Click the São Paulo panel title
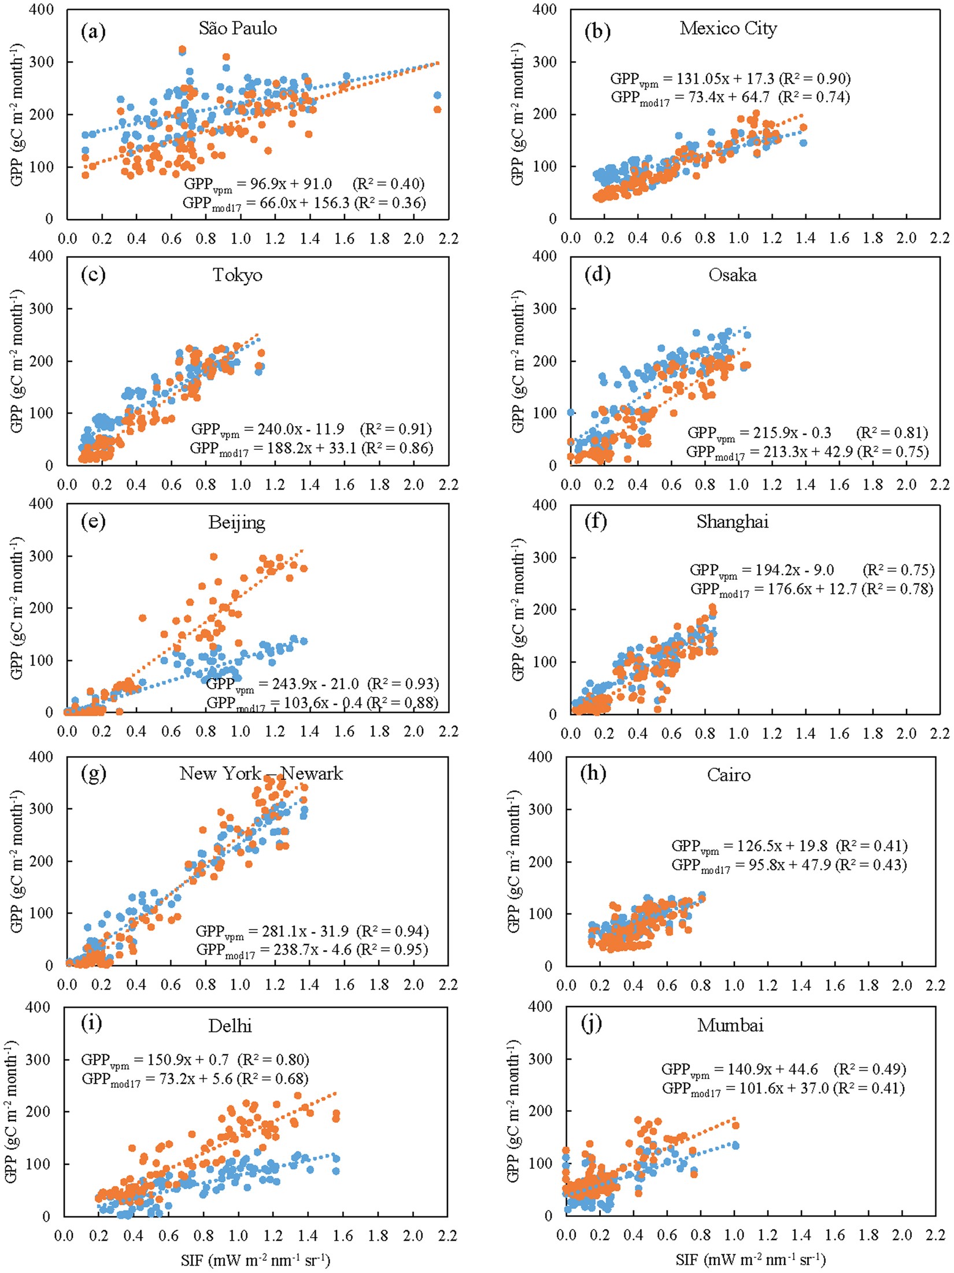238,28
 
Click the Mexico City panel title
728,28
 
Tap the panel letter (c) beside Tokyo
94,275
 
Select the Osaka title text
732,275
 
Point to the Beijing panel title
236,523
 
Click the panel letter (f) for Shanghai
596,522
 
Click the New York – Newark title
261,774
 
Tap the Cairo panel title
729,775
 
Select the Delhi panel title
230,1026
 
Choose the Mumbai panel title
730,1026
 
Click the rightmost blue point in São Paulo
437,95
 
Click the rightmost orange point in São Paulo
437,109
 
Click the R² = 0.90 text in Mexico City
815,78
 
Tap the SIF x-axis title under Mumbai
750,1259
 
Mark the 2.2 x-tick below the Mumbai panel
935,1235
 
